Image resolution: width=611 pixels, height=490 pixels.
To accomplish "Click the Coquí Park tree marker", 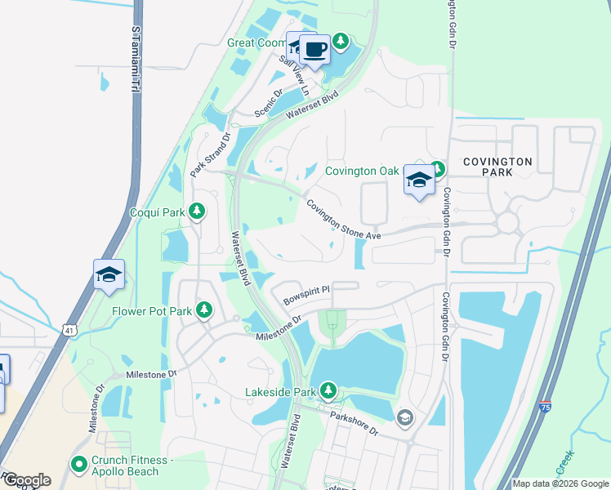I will tap(196, 212).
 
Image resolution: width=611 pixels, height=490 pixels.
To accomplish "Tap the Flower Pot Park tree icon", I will tap(203, 310).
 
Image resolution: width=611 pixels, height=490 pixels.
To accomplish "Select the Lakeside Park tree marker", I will tap(328, 391).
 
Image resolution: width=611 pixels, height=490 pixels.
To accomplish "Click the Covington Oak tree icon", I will tap(437, 170).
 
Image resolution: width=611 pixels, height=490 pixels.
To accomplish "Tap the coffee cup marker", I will tap(315, 51).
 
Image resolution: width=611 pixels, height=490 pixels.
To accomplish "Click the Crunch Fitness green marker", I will tap(79, 465).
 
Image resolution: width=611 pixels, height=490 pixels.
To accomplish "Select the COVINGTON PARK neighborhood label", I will tap(498, 167).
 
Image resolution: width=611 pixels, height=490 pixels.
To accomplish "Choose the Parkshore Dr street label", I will tap(355, 423).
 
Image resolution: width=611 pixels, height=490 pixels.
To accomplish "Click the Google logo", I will tap(27, 480).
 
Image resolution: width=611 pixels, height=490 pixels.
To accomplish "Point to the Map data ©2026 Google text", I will tap(560, 483).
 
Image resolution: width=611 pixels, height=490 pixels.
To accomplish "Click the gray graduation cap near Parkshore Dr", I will tap(404, 419).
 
